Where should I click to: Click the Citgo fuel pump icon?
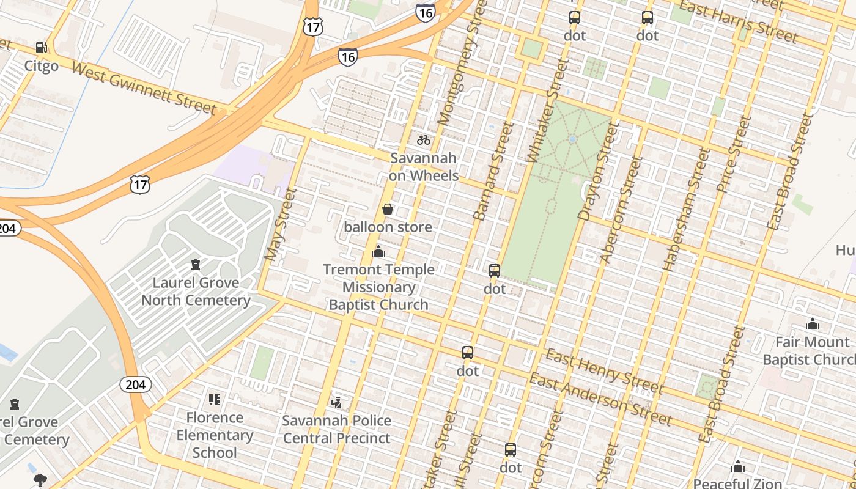[x=41, y=48]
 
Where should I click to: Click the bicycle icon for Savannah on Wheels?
[x=424, y=140]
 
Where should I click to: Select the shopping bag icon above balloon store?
[x=388, y=209]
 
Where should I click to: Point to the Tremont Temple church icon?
[x=378, y=251]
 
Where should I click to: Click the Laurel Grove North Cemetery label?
[x=196, y=292]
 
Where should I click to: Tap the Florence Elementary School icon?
[x=215, y=400]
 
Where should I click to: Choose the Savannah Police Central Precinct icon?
[x=336, y=402]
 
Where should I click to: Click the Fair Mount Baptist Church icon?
[x=813, y=324]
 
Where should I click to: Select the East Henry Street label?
[x=604, y=372]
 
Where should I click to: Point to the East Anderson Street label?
[x=600, y=400]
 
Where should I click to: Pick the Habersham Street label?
[x=687, y=209]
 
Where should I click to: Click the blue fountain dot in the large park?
[x=572, y=139]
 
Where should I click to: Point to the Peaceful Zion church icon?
[x=738, y=467]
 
